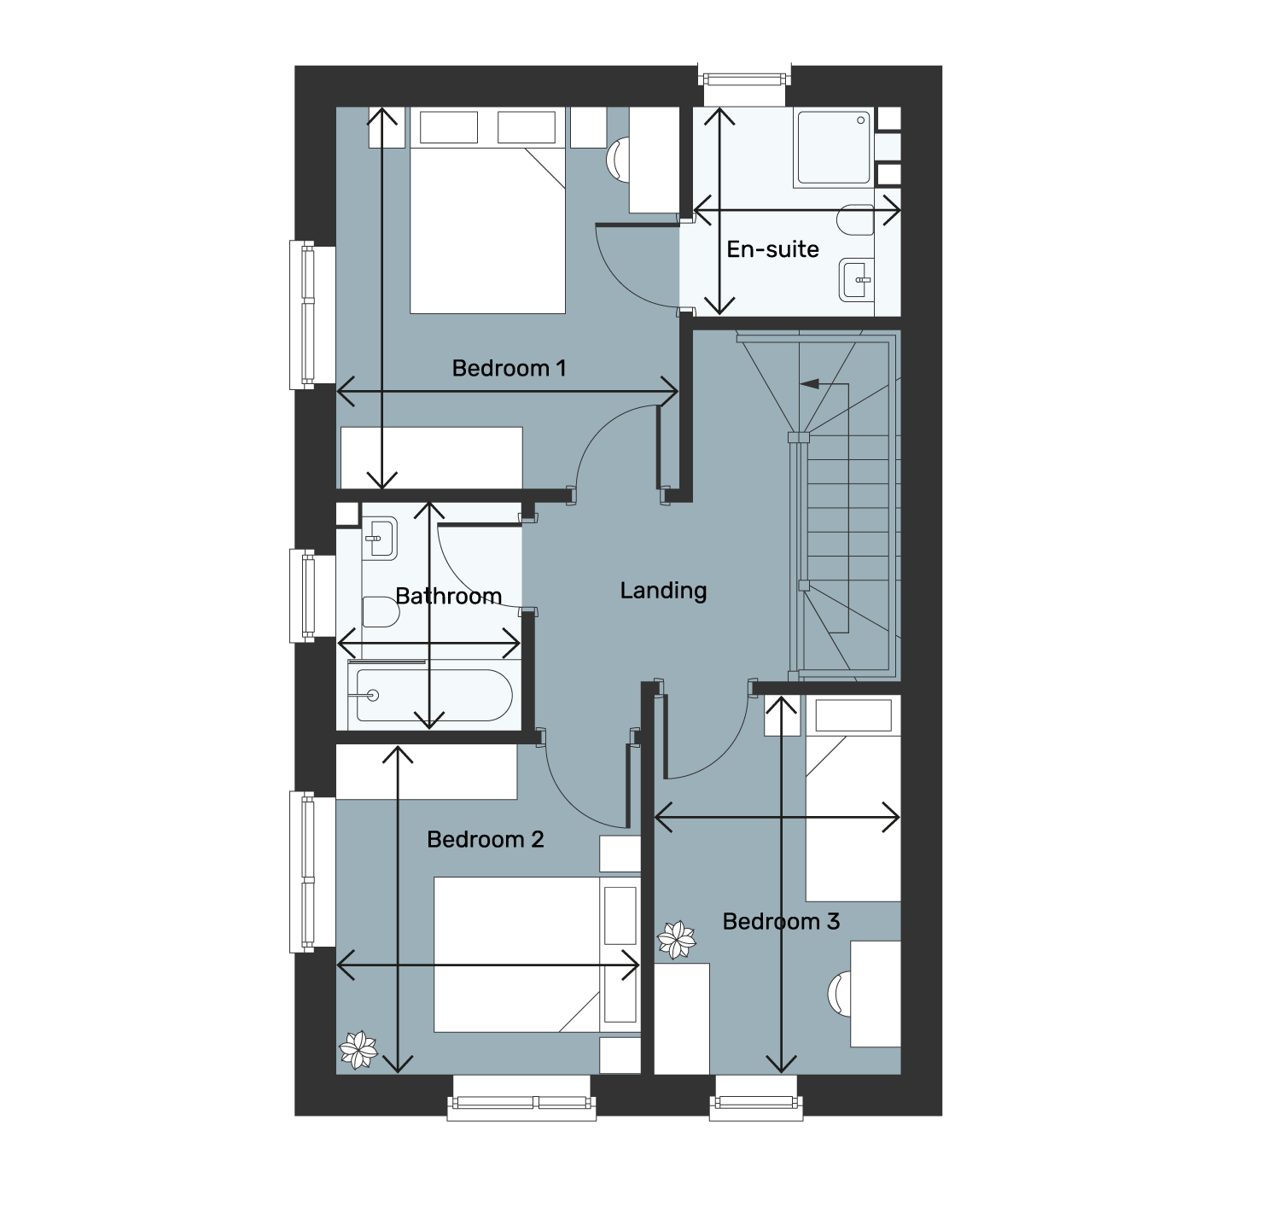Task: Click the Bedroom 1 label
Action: point(509,369)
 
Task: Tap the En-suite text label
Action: point(772,249)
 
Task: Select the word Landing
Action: point(663,591)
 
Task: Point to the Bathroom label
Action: point(448,596)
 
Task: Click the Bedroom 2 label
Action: point(485,839)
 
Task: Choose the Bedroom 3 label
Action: point(781,921)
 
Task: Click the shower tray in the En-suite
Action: point(833,148)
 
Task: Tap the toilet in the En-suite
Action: point(855,220)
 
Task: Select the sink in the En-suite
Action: point(857,280)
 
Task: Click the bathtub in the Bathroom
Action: point(430,695)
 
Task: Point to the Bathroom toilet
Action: point(381,612)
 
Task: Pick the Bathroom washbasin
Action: point(380,539)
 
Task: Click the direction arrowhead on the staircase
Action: point(809,384)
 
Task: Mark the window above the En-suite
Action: point(745,80)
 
